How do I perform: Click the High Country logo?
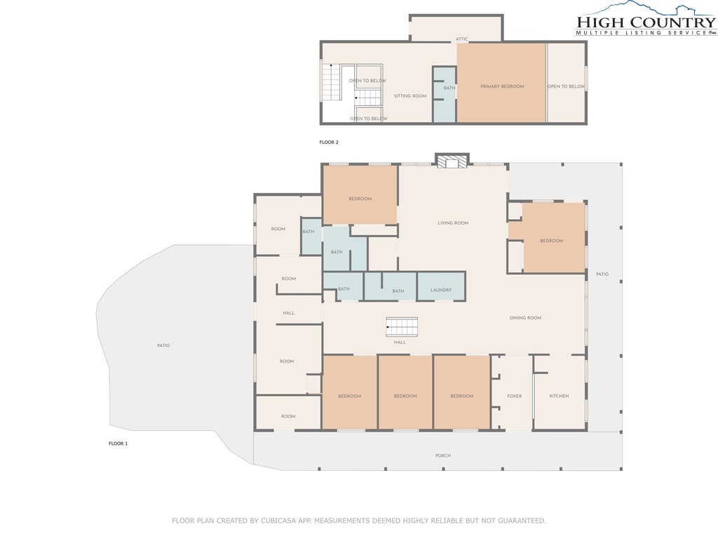646,19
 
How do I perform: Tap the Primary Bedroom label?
502,86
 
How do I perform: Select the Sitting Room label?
409,96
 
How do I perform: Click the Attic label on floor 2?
461,39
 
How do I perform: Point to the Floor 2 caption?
329,142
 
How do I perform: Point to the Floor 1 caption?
118,444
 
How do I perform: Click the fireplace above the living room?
452,161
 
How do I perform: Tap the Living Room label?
453,223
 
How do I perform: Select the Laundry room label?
441,290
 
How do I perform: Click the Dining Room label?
525,318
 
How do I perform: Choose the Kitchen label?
559,396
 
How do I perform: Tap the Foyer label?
514,397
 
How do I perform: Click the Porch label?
443,456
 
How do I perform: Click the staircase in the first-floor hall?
402,327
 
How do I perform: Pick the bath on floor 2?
445,95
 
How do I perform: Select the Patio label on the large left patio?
163,345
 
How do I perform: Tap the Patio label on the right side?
602,274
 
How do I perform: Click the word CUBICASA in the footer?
279,521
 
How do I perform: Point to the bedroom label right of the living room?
551,241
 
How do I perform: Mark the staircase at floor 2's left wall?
331,82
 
